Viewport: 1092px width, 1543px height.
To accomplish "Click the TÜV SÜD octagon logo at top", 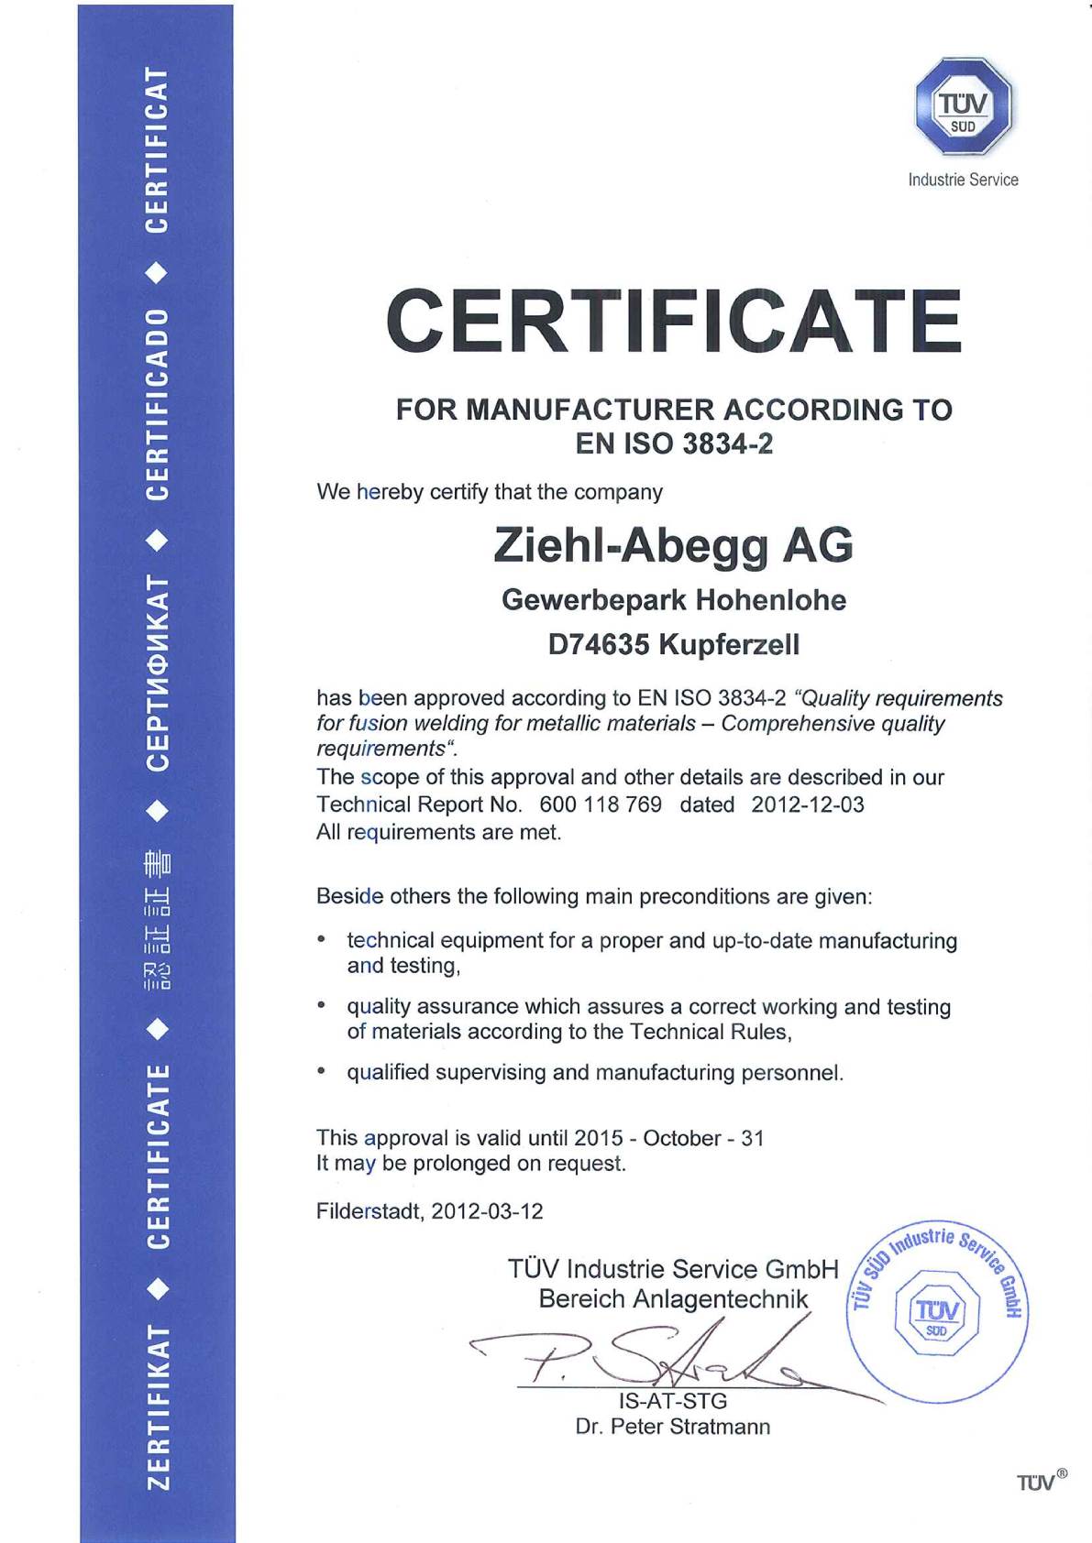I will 963,106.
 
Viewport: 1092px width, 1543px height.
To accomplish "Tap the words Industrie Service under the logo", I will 963,180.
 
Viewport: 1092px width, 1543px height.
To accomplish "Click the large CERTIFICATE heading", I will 674,321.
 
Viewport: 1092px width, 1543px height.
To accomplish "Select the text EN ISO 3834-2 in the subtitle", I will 674,443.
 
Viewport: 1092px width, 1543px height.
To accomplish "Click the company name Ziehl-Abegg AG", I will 673,545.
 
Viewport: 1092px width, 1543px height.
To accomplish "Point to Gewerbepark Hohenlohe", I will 674,600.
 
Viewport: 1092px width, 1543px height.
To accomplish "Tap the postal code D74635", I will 599,645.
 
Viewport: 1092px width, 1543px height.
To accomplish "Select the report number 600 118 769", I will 601,804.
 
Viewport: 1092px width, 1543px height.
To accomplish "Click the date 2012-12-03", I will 808,804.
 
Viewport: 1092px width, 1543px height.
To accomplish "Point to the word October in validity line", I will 682,1138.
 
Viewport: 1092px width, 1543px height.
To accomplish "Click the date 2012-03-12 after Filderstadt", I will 487,1211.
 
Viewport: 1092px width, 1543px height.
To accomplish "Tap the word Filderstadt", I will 370,1211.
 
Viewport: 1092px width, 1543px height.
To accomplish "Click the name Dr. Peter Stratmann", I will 673,1427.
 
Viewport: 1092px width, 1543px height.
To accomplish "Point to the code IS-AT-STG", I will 673,1401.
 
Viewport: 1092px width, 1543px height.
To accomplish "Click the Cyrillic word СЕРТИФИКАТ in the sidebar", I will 158,673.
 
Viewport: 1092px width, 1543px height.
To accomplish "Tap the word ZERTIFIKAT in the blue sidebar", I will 158,1406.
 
